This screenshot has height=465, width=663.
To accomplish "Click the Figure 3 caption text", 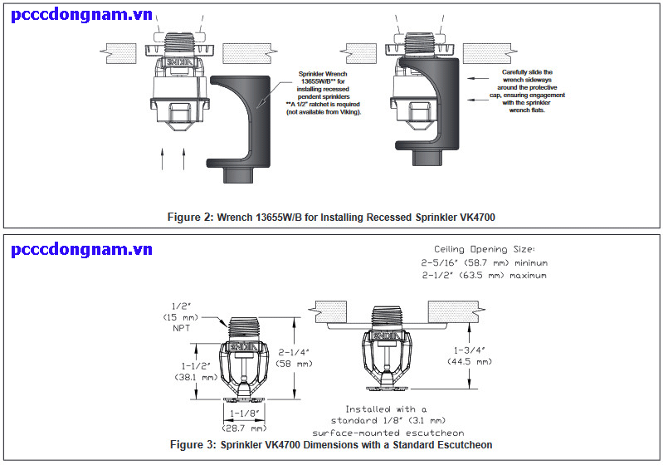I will (x=331, y=445).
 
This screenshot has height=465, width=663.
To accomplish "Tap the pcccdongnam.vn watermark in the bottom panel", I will (x=82, y=248).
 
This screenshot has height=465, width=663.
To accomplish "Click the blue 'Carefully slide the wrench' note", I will (x=533, y=91).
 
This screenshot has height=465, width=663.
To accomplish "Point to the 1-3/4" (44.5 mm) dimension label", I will (x=470, y=355).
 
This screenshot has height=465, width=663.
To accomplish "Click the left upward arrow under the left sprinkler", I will (x=163, y=158).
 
